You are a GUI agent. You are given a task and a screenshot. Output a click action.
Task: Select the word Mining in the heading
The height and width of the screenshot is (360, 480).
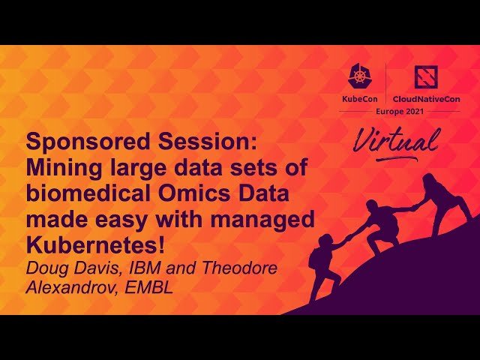point(57,168)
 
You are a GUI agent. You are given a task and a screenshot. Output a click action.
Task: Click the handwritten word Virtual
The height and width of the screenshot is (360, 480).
point(395,140)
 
